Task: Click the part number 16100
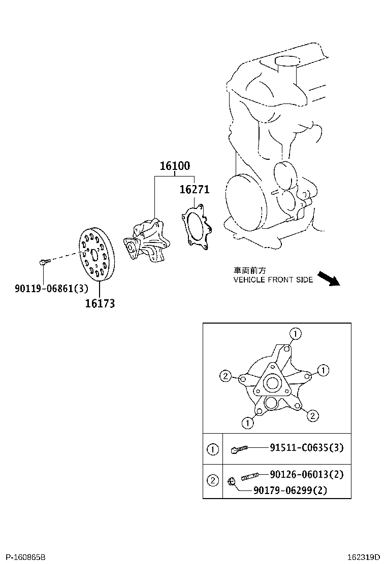(x=175, y=166)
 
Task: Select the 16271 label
(x=194, y=190)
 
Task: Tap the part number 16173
(x=100, y=303)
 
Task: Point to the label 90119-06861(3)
(x=51, y=289)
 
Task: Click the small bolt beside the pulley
(x=43, y=262)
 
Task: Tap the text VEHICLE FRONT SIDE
(x=273, y=280)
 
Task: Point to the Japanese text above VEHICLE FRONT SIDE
(x=249, y=271)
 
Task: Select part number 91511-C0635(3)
(x=306, y=448)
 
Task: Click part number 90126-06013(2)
(x=307, y=475)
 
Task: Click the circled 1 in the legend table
(x=213, y=449)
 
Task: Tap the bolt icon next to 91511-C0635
(x=239, y=449)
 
